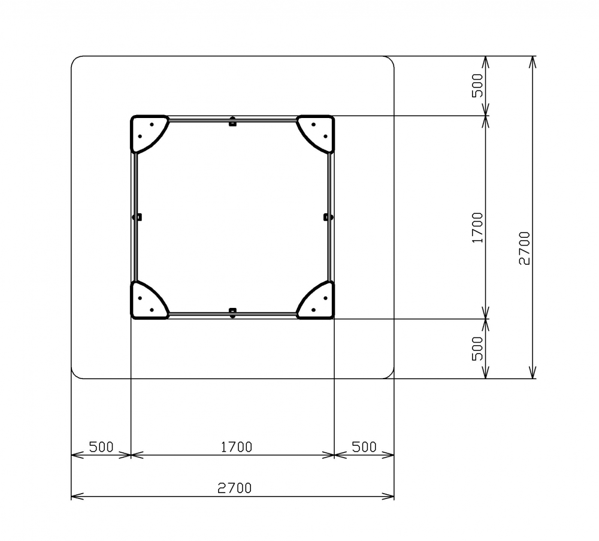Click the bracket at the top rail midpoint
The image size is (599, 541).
tap(232, 122)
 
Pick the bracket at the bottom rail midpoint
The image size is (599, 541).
tap(232, 313)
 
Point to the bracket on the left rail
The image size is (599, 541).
tap(137, 217)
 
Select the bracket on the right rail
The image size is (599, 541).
tap(328, 217)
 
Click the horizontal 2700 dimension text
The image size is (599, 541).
tap(235, 488)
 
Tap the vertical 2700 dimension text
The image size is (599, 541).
tap(525, 248)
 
